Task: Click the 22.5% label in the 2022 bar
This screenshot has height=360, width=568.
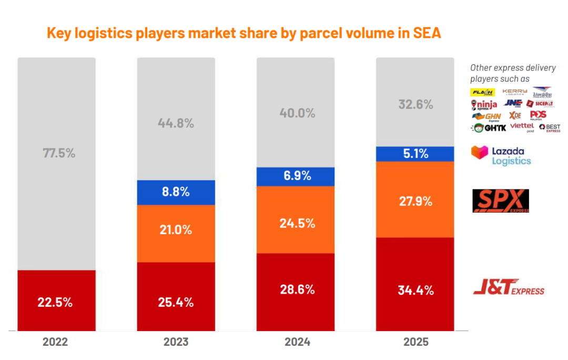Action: pos(55,302)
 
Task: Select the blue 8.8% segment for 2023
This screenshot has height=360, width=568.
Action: pos(176,192)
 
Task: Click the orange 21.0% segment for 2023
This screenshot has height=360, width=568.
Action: pos(176,230)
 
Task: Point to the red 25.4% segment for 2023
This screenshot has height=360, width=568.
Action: pos(176,302)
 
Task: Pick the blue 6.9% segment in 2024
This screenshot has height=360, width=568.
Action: pos(295,176)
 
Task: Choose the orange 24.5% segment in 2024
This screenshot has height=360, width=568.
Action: pos(295,223)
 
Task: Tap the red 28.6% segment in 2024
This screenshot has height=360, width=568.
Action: pos(295,289)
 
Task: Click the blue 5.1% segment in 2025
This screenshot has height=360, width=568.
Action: pos(415,154)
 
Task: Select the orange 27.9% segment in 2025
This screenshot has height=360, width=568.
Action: pos(415,201)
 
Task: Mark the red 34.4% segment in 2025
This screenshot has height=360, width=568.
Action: pos(415,289)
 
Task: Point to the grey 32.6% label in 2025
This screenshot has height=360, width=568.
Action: pos(415,104)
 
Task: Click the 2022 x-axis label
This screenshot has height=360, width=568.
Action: pos(55,342)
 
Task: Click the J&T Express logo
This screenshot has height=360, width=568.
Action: pos(509,288)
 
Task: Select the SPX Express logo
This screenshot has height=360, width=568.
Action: pos(501,201)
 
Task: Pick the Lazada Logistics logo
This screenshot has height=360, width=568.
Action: pos(501,155)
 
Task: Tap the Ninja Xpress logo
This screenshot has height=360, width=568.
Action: pos(484,104)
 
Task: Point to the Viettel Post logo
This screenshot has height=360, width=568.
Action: pos(522,127)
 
